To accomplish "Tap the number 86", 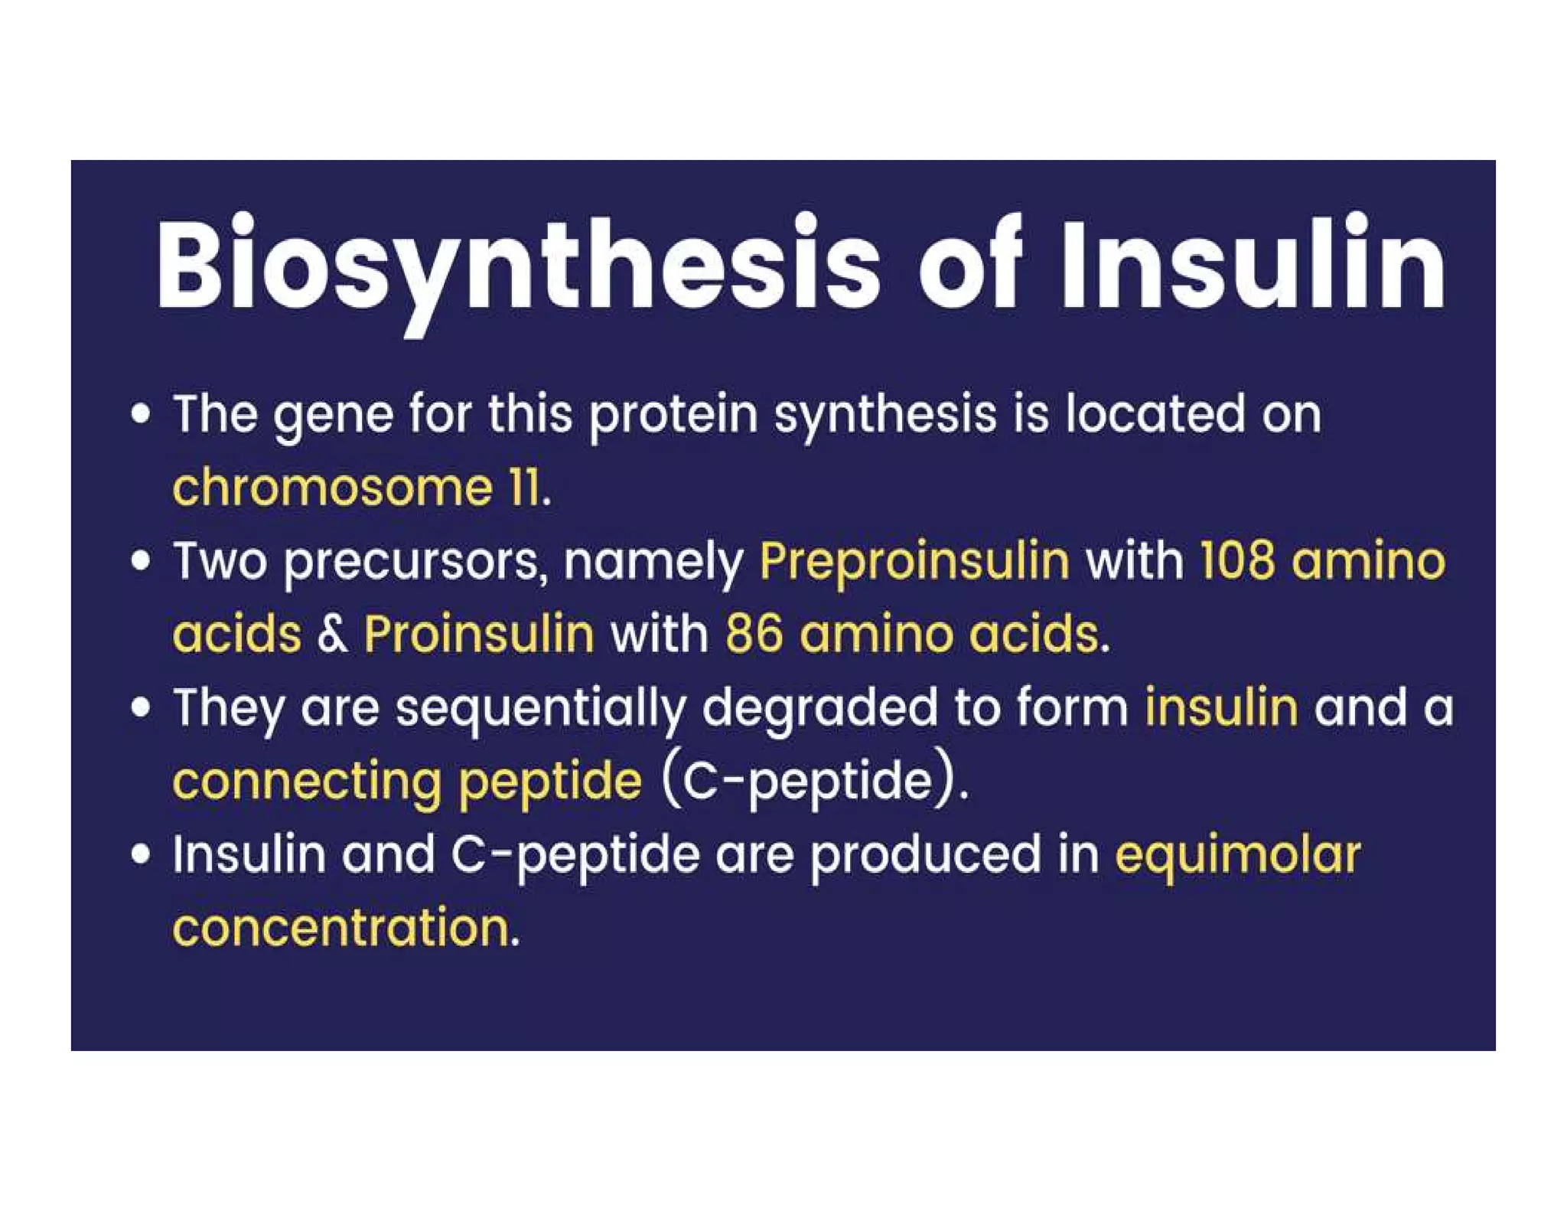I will (754, 635).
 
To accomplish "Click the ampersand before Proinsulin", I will (332, 635).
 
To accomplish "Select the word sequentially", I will (539, 708).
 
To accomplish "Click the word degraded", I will (819, 708).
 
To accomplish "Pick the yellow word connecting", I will (307, 782).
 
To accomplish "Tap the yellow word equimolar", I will (1237, 855).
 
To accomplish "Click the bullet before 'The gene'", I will (140, 414).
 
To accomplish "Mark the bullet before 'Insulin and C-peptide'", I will (140, 854).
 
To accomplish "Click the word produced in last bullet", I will (925, 856).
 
